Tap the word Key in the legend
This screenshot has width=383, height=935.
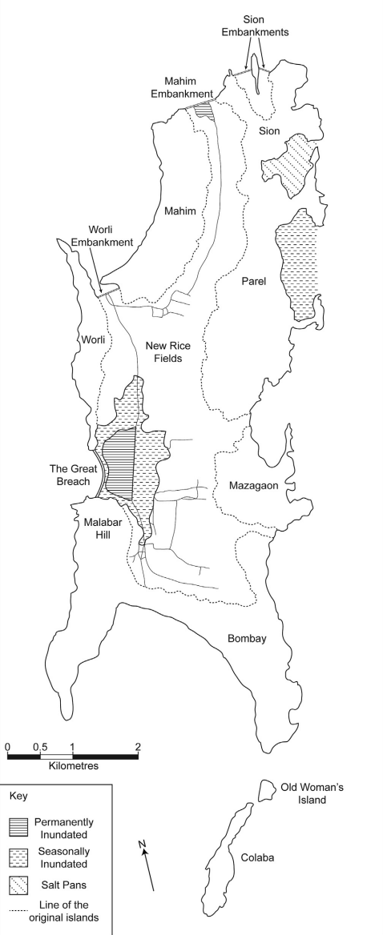tap(18, 797)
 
